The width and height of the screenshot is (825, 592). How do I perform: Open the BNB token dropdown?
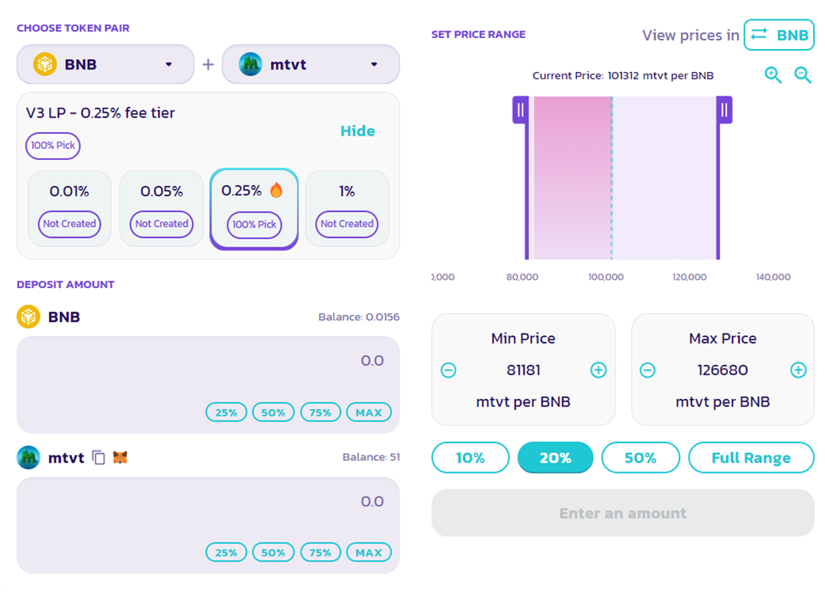point(105,64)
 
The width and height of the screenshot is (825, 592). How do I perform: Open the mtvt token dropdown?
point(311,64)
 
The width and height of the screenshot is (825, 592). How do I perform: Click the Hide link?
point(357,131)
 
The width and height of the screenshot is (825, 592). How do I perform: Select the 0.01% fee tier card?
point(69,208)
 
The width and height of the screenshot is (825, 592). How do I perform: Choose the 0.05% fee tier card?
point(161,208)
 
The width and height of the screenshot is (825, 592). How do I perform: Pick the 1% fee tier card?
point(347,208)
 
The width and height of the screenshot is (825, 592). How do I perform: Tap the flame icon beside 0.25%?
point(277,191)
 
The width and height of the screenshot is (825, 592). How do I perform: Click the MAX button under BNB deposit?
point(369,412)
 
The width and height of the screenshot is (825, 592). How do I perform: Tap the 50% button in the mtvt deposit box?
point(273,553)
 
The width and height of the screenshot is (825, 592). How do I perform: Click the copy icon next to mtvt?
point(99,458)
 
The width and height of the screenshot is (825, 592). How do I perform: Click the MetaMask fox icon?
point(121,458)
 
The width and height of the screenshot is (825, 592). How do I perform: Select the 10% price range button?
point(470,458)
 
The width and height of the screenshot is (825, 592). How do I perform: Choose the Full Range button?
point(751,458)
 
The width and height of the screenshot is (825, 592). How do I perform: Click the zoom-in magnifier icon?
point(773,75)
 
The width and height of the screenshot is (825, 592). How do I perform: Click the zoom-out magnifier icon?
point(803,75)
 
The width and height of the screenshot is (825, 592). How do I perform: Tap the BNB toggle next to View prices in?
point(778,36)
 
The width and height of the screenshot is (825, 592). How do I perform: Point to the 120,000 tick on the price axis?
point(690,277)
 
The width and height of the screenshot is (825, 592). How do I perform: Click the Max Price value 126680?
point(723,370)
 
